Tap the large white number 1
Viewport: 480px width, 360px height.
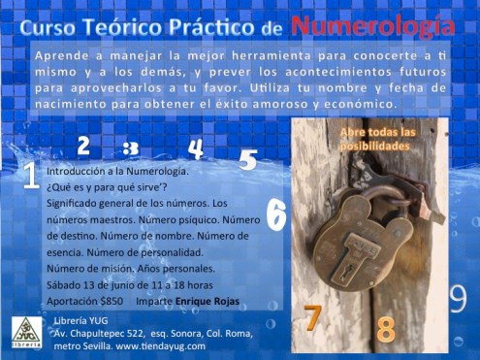30,175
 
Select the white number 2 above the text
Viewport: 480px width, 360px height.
83,147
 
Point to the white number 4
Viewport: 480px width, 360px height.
196,149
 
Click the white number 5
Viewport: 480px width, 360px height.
248,160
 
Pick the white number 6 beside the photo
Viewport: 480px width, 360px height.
276,214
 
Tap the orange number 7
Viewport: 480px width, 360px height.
312,318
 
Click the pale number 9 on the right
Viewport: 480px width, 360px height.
458,299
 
